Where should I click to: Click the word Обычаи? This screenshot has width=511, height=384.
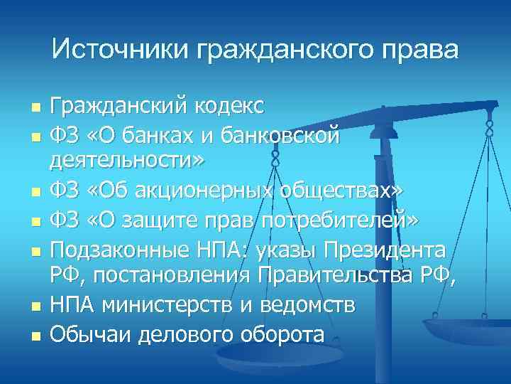point(89,333)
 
